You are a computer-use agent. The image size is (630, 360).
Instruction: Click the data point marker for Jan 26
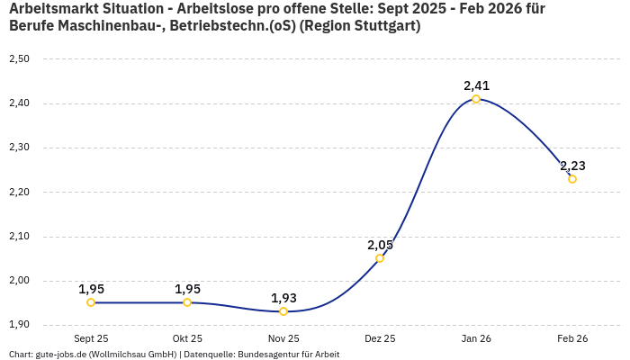(x=476, y=99)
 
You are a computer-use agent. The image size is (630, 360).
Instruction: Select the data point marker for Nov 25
(x=283, y=311)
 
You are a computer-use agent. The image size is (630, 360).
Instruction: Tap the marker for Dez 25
(x=380, y=258)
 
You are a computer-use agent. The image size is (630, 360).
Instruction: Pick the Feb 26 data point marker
(x=572, y=179)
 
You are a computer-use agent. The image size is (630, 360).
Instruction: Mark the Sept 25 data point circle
(x=91, y=302)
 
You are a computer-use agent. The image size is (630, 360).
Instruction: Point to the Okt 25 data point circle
(x=187, y=302)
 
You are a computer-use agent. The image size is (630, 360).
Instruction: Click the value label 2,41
(x=476, y=85)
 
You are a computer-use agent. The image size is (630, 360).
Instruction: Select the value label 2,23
(x=572, y=166)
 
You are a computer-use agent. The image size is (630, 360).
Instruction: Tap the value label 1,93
(x=283, y=298)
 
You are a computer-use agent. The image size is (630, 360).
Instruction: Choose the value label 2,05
(x=380, y=245)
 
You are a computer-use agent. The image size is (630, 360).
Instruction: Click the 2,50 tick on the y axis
(x=19, y=59)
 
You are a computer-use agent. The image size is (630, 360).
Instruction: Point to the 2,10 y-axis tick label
(x=19, y=237)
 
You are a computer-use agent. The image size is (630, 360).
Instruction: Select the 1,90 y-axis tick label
(x=19, y=325)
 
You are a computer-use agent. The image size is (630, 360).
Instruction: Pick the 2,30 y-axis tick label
(x=19, y=148)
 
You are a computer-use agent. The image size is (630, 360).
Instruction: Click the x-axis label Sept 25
(x=91, y=339)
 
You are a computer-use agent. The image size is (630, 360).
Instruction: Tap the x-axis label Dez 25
(x=380, y=339)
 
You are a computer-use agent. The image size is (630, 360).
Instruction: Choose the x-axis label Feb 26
(x=572, y=339)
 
